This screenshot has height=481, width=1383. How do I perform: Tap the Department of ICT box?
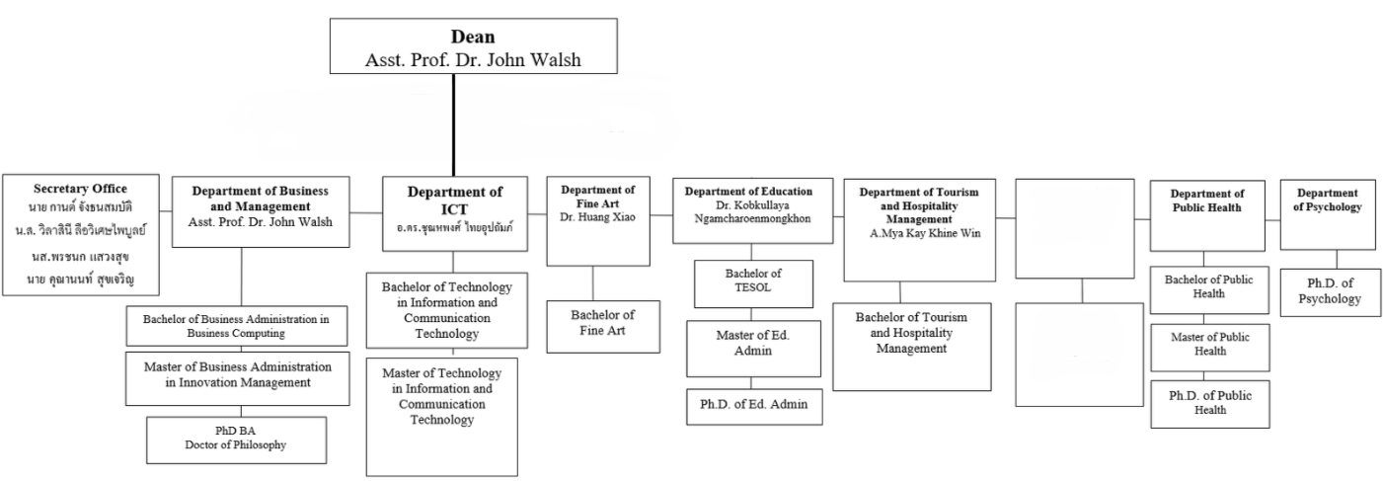pyautogui.click(x=454, y=211)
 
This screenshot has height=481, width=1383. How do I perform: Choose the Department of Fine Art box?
pyautogui.click(x=598, y=221)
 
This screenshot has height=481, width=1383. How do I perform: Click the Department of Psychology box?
pyautogui.click(x=1329, y=214)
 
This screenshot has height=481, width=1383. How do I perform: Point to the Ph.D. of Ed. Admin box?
pyautogui.click(x=753, y=407)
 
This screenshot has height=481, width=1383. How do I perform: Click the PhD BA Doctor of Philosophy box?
pyautogui.click(x=236, y=440)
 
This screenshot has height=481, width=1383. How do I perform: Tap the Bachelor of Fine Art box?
pyautogui.click(x=602, y=325)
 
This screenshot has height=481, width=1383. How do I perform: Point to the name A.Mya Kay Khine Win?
pyautogui.click(x=919, y=234)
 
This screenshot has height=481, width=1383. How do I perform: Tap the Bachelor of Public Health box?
pyautogui.click(x=1208, y=286)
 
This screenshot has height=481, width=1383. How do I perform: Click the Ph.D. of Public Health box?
pyautogui.click(x=1209, y=403)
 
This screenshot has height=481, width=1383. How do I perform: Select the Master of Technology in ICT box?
pyautogui.click(x=441, y=415)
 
